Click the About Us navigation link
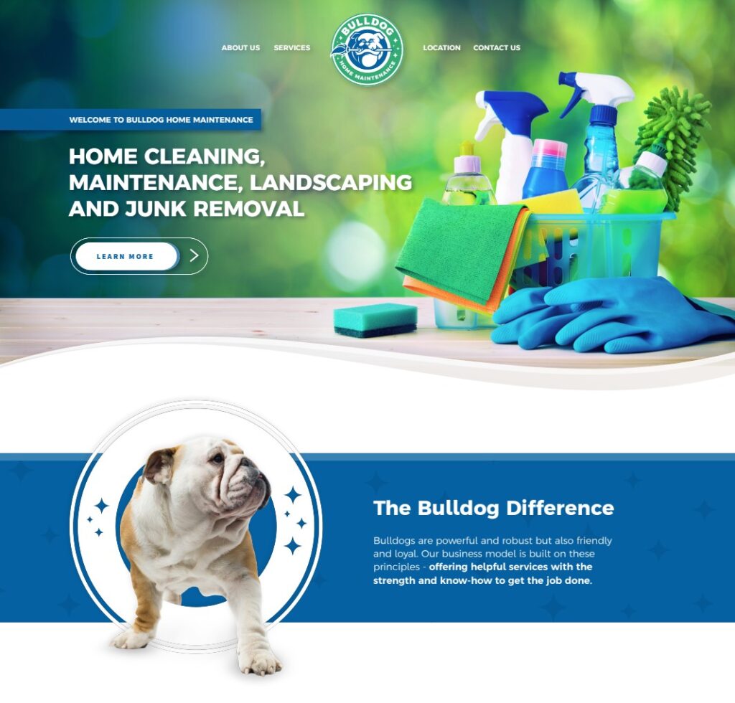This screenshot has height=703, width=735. (240, 48)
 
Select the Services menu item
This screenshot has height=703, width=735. (292, 48)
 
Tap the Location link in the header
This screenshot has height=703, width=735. (441, 48)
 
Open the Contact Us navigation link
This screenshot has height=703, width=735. (497, 48)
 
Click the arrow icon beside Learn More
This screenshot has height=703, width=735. (194, 256)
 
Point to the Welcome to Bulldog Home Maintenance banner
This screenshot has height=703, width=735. (161, 120)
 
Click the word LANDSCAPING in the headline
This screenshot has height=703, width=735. (331, 182)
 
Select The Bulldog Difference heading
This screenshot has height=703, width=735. (493, 509)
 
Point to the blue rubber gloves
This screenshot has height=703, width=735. (610, 316)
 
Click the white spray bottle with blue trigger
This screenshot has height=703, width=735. (511, 143)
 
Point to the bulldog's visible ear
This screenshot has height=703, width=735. (159, 466)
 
